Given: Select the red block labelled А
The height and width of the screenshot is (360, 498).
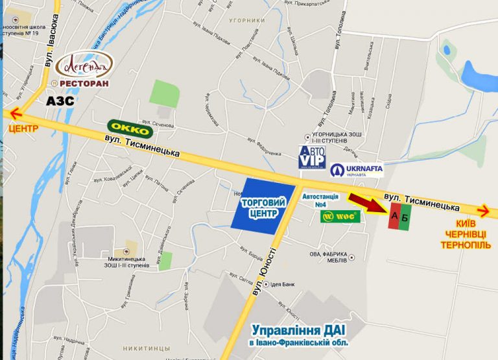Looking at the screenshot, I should click(394, 217).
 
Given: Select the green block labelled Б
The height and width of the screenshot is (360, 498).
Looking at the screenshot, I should click(405, 217).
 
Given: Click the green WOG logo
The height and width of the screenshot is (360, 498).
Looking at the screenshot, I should click(340, 217).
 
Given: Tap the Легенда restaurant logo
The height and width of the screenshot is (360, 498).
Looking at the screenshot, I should click(84, 66).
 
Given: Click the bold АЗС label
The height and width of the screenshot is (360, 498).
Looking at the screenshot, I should click(60, 101).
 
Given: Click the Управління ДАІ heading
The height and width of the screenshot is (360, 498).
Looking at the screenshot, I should click(299, 330).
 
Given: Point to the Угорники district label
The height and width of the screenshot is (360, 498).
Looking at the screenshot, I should click(248, 21).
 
